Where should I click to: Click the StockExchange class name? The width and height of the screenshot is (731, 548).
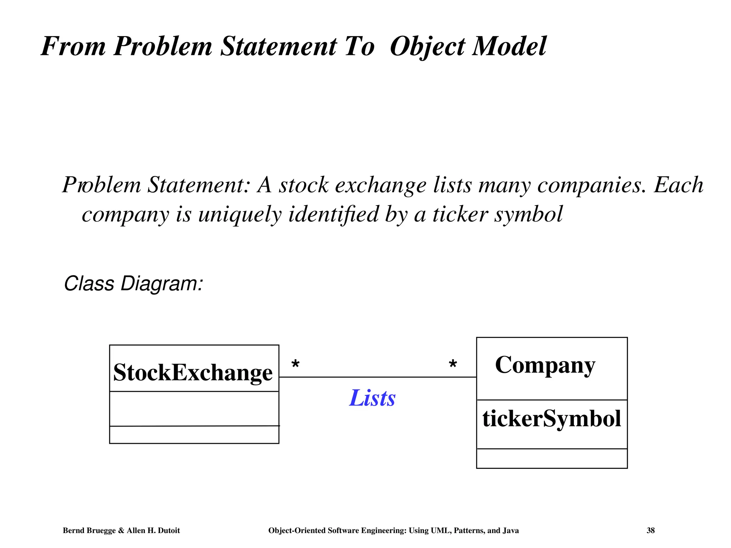pos(193,372)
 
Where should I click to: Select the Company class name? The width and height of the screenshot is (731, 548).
pos(545,365)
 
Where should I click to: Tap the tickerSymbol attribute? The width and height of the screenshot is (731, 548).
pos(551,418)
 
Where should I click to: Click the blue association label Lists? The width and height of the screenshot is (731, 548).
pos(372,398)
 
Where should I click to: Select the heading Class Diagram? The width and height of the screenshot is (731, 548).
pos(133,284)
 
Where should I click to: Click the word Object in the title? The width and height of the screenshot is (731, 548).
pos(428,47)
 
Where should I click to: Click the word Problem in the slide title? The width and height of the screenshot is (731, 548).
pos(163,46)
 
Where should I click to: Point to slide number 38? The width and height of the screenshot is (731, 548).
pos(650,531)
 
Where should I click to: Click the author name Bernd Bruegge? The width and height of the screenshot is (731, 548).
pos(89,531)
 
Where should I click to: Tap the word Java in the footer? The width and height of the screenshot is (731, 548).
pos(510,531)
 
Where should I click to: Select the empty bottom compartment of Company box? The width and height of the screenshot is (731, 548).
pos(551,458)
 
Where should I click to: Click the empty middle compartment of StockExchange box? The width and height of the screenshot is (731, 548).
pos(194,409)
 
